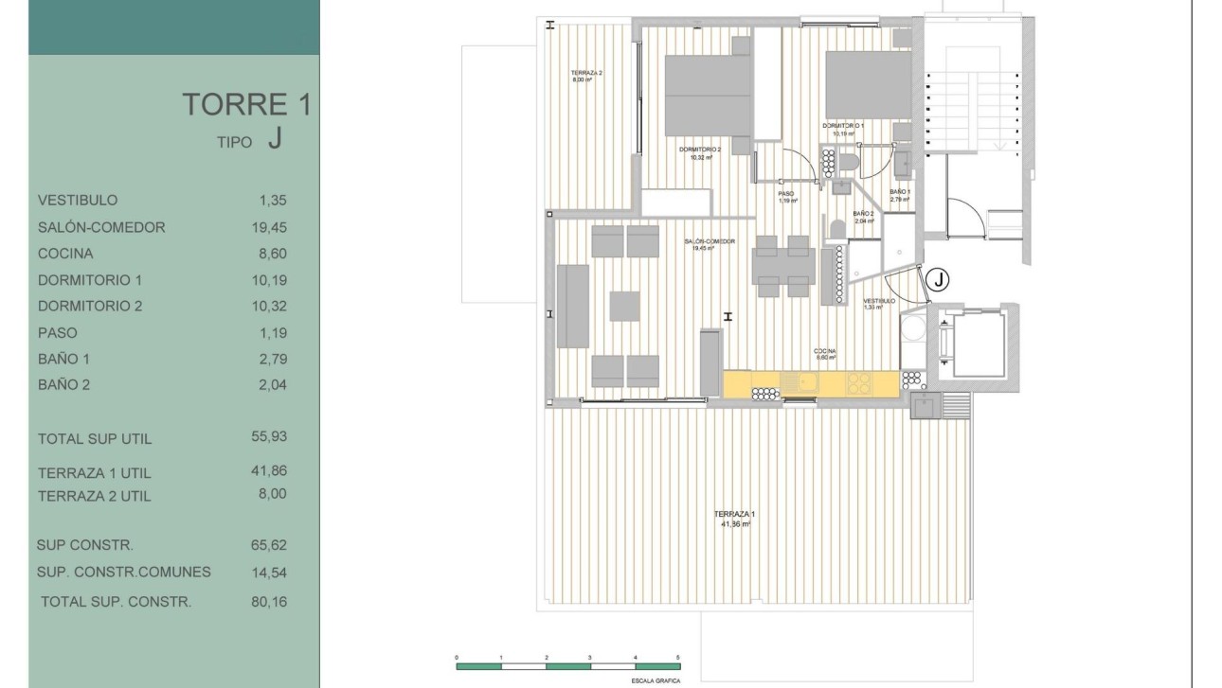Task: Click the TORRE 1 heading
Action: pyautogui.click(x=246, y=104)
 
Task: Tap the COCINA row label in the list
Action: pyautogui.click(x=65, y=254)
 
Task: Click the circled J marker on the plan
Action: pyautogui.click(x=937, y=279)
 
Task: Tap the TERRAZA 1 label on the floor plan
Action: pyautogui.click(x=734, y=514)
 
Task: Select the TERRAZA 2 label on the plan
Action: pyautogui.click(x=586, y=73)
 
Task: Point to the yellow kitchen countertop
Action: pyautogui.click(x=810, y=383)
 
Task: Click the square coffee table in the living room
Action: pyautogui.click(x=624, y=307)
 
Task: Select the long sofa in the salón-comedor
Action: pyautogui.click(x=573, y=306)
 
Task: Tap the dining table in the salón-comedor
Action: pyautogui.click(x=782, y=266)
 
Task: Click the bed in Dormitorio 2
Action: pyautogui.click(x=708, y=96)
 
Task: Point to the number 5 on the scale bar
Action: pyautogui.click(x=678, y=656)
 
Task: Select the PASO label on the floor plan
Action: pyautogui.click(x=786, y=194)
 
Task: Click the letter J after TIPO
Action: pyautogui.click(x=274, y=139)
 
